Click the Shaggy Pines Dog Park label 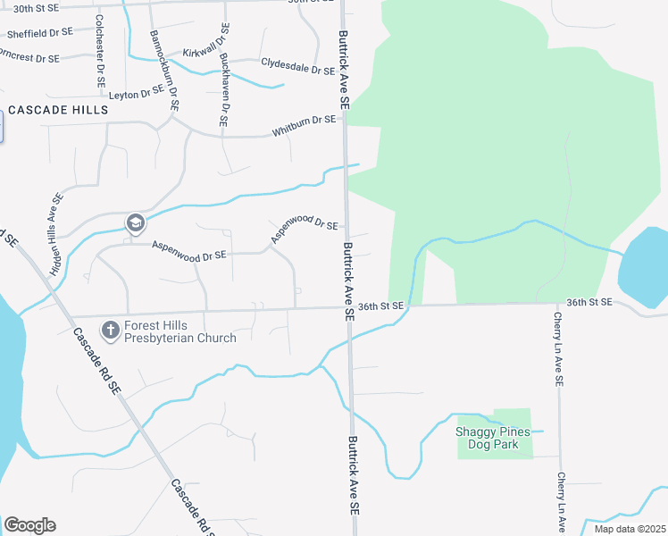coord(493,438)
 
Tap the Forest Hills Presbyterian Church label coord(180,331)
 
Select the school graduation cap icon coord(135,222)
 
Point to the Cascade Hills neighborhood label coord(58,110)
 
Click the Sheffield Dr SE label coord(39,33)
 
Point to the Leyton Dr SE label coord(136,92)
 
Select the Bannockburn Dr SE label coord(164,71)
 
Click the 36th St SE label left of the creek coord(381,306)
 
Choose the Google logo coord(29,525)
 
